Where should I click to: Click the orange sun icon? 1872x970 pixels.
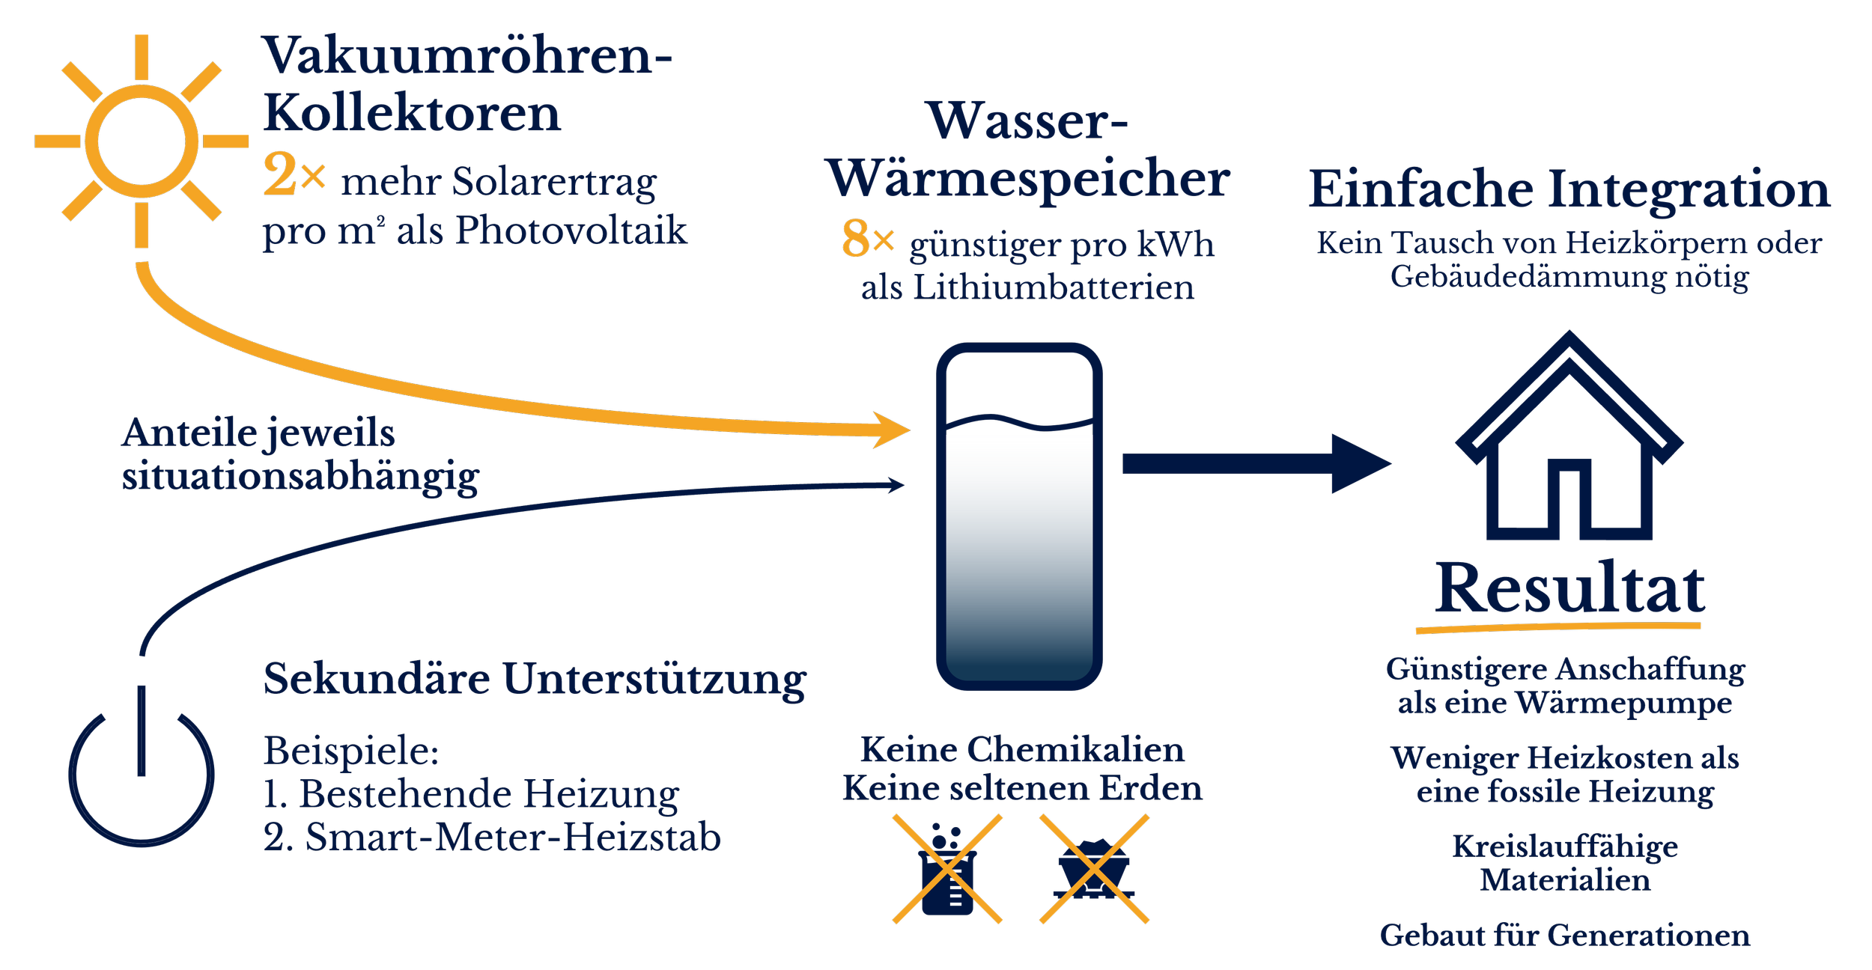142,141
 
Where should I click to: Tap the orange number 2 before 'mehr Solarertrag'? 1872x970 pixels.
280,175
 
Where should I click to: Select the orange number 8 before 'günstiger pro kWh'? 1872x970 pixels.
855,239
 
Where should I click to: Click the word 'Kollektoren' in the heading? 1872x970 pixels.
412,114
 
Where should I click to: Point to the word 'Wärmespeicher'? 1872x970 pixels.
1028,180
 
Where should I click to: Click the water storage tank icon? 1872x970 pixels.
1019,516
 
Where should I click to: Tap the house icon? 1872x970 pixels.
1569,442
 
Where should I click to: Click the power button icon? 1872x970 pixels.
142,771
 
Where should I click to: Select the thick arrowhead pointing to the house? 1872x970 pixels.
1359,464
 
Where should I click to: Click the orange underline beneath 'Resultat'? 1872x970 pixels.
1558,627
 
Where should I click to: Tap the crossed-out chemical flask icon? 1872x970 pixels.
947,870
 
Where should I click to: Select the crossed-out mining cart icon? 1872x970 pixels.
1094,870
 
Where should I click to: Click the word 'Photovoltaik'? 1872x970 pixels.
571,230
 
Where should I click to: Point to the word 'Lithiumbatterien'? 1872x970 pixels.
1053,288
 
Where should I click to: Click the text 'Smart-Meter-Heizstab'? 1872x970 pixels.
513,838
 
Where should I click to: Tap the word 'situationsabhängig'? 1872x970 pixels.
300,477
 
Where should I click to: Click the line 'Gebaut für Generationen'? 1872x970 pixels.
1565,936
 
